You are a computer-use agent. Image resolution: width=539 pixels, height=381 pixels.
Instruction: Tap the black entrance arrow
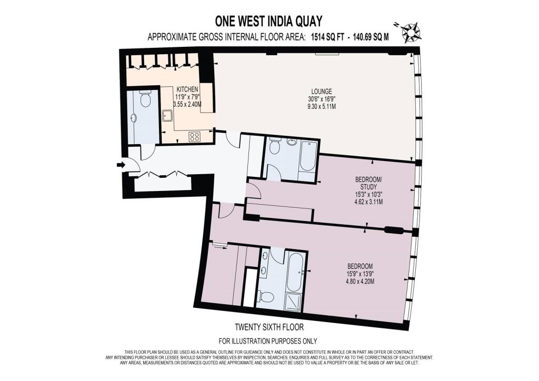coord(121,165)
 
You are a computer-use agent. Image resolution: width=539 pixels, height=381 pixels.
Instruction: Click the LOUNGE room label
coord(322,92)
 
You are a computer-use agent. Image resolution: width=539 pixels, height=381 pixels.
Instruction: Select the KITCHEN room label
coord(187,89)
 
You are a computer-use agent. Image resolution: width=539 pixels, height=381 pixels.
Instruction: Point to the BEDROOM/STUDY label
coord(368,183)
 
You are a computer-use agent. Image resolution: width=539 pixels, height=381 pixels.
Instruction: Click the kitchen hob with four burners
coord(194,137)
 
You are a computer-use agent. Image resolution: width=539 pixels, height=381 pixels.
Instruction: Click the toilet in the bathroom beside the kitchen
coord(145,98)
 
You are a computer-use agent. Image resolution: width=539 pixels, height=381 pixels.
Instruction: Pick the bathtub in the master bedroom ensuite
coord(295,273)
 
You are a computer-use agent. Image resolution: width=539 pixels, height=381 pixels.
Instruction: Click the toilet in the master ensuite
coord(266,296)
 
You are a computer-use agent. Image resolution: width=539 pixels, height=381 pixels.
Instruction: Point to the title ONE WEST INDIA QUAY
coord(268,21)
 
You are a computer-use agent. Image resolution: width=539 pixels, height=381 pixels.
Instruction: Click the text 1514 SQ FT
coord(327,37)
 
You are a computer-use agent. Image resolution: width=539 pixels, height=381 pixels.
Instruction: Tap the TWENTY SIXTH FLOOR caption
coord(269,327)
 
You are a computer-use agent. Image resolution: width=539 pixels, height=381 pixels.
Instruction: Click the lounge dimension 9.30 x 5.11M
coord(322,107)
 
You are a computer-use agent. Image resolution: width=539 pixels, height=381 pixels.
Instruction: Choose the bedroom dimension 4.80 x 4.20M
coord(360,282)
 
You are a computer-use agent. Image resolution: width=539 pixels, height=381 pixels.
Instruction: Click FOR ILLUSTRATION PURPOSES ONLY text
coord(268,341)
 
